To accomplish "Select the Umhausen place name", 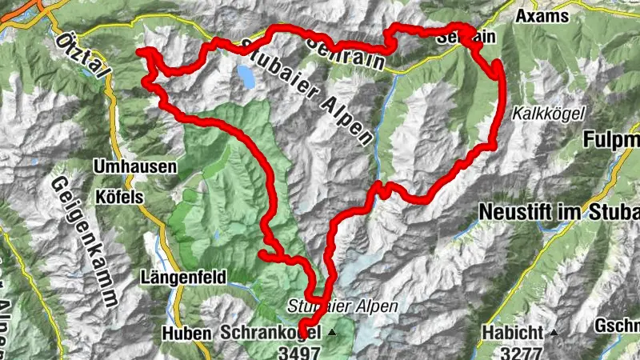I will tap(125, 167).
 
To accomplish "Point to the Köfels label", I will tap(117, 196).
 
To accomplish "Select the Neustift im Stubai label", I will tap(560, 212).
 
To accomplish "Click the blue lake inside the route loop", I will tap(246, 76).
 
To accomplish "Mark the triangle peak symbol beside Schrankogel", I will tap(331, 331).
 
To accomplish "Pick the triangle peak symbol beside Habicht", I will tap(552, 331).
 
